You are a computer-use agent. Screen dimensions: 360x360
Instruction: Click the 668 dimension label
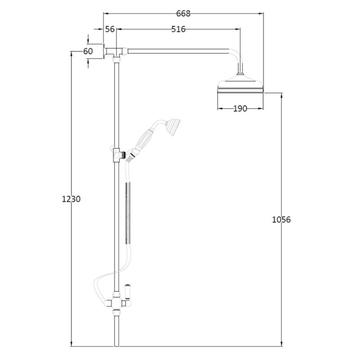click(x=183, y=14)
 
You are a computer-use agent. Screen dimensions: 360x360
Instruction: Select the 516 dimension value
click(x=178, y=29)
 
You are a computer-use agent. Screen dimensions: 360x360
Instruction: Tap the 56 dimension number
click(x=110, y=29)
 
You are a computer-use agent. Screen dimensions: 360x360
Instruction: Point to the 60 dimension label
click(x=88, y=51)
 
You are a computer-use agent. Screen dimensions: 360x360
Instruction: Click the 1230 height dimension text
click(x=71, y=199)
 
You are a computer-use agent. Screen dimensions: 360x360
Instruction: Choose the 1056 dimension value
click(x=281, y=220)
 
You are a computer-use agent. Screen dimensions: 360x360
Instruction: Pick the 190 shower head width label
click(x=240, y=108)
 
